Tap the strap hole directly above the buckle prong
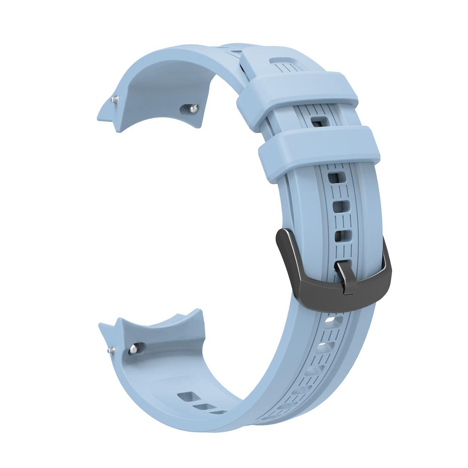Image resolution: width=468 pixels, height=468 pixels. click(x=343, y=236)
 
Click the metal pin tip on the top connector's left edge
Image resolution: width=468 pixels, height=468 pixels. click(x=114, y=99)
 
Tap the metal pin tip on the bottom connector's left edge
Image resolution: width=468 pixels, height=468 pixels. click(x=111, y=351)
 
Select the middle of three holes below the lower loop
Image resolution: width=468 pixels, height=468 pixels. click(x=339, y=207)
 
